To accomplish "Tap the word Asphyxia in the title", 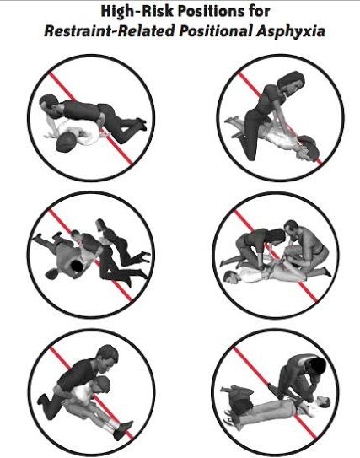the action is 291,31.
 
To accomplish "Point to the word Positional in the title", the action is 216,30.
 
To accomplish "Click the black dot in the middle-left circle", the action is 77,266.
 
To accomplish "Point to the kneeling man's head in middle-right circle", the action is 291,229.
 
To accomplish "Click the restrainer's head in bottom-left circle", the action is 107,357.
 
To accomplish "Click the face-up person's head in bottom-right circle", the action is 325,402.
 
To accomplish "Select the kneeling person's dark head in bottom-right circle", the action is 316,366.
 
